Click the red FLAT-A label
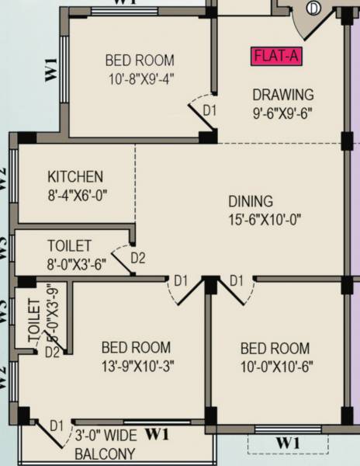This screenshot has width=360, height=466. [276, 57]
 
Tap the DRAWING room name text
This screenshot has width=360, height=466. [283, 95]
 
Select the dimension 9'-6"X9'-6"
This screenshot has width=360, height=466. [283, 112]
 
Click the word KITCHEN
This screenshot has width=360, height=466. [75, 177]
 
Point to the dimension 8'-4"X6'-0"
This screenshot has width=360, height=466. [77, 195]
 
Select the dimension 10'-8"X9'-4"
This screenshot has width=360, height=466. [140, 78]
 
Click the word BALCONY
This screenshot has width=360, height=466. [105, 454]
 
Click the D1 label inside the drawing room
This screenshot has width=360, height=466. [209, 111]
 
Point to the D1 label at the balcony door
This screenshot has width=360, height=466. [56, 426]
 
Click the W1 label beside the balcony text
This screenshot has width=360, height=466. [157, 433]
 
